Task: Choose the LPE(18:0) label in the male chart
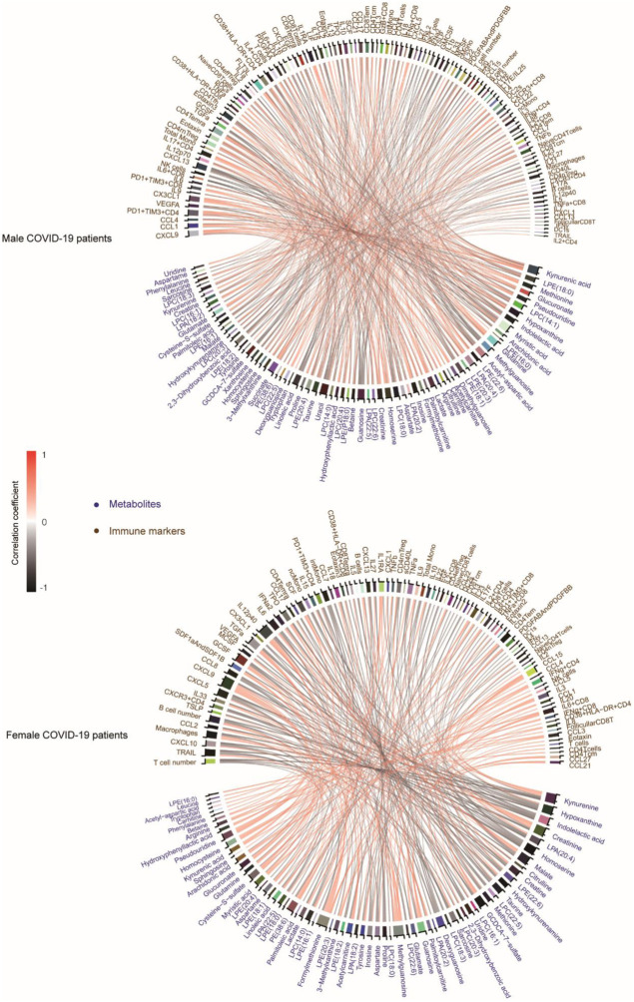(x=570, y=285)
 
